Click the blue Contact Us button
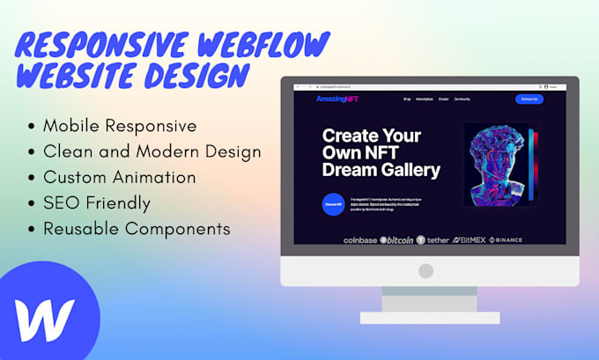click(x=529, y=99)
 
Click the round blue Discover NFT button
click(x=333, y=204)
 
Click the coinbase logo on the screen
click(x=359, y=239)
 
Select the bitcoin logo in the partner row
click(x=397, y=239)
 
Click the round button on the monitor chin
click(x=426, y=270)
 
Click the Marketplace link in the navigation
click(x=424, y=99)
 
